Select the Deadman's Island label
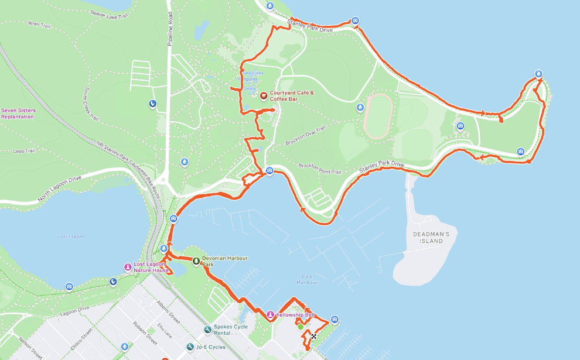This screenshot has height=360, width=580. tap(430, 238)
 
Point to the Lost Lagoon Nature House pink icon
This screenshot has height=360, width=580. tap(128, 267)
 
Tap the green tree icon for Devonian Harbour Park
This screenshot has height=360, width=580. tap(196, 260)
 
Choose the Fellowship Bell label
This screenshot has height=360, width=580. tap(296, 315)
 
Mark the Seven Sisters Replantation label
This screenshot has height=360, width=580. tap(18, 114)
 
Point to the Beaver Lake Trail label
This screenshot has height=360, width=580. tap(110, 14)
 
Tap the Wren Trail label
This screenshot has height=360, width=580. tap(39, 25)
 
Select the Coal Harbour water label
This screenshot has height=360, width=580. tap(306, 279)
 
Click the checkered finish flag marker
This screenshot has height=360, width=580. tap(314, 336)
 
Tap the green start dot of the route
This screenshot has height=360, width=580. tap(301, 327)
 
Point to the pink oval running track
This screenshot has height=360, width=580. tap(375, 116)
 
